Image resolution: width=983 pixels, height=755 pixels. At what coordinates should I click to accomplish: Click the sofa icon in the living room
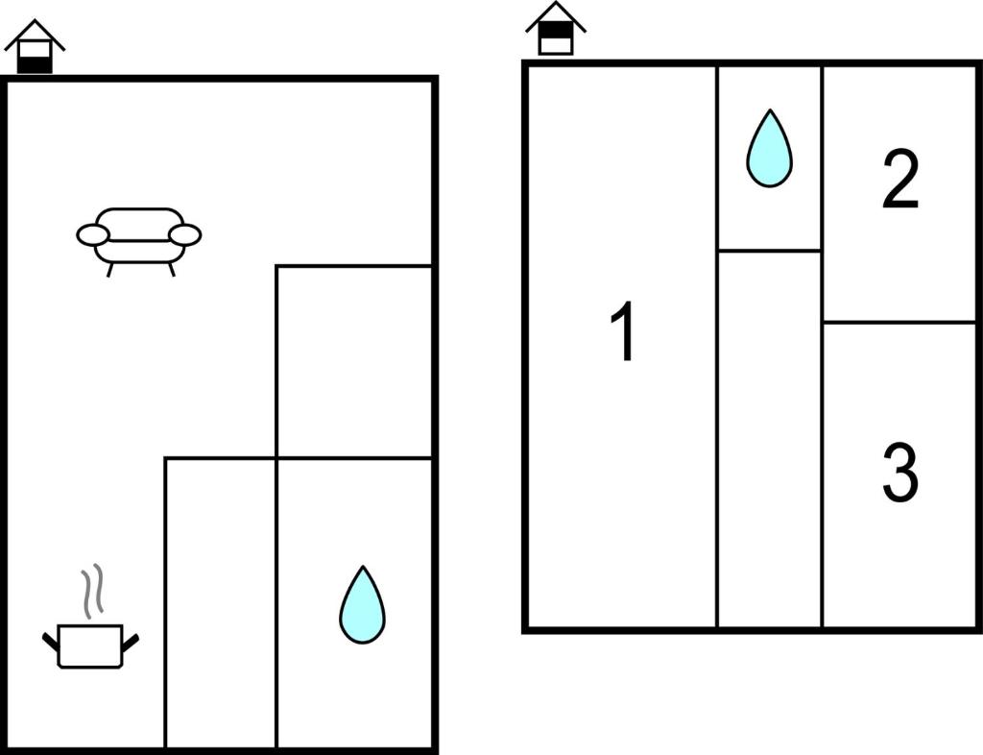click(x=138, y=241)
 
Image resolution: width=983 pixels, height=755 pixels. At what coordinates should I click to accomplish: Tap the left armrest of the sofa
click(x=93, y=235)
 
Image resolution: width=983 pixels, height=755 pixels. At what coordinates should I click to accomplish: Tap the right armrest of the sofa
click(x=185, y=235)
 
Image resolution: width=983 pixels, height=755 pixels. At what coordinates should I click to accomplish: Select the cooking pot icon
click(x=90, y=645)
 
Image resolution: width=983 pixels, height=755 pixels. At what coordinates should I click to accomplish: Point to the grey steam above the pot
click(x=91, y=590)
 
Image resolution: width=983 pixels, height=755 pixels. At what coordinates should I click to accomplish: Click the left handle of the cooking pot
click(x=50, y=642)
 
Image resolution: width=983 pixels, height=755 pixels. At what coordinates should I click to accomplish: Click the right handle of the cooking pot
click(x=131, y=642)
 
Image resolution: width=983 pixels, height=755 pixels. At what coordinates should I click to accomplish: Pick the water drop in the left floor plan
click(x=362, y=605)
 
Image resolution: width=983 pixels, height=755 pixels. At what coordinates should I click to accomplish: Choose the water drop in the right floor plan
click(x=769, y=149)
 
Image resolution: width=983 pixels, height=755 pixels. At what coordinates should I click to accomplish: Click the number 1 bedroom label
click(x=623, y=331)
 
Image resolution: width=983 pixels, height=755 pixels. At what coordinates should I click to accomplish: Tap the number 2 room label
click(x=900, y=180)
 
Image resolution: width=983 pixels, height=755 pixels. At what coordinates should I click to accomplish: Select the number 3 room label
click(x=900, y=473)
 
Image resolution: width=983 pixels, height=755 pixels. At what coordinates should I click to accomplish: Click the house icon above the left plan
click(x=35, y=47)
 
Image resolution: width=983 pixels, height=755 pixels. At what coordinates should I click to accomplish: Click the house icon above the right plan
click(x=556, y=29)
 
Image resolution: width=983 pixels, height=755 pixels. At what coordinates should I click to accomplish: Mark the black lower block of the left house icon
click(x=35, y=64)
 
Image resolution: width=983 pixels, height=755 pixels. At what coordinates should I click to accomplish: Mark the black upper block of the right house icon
click(x=556, y=30)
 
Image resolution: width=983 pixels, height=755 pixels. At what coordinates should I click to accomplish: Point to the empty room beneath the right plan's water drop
click(x=769, y=439)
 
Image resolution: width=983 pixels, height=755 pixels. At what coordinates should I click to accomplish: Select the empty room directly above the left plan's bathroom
click(x=354, y=362)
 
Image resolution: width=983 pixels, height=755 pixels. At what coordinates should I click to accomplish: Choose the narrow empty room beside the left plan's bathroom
click(x=220, y=603)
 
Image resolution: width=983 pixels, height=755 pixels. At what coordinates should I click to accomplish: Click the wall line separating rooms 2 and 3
click(x=899, y=323)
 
